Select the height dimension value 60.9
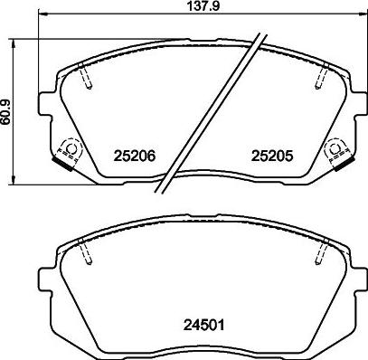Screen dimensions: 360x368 8,112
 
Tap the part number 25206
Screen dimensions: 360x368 136,155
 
